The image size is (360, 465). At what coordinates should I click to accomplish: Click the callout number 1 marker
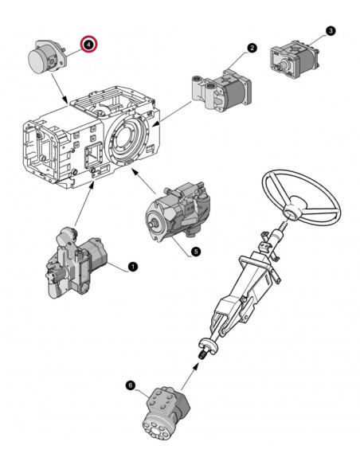pyautogui.click(x=133, y=267)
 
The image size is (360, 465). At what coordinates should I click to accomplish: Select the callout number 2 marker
pyautogui.click(x=252, y=48)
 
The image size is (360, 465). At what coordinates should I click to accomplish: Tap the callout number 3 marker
pyautogui.click(x=331, y=30)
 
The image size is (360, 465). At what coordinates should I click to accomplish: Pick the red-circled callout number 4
pyautogui.click(x=89, y=44)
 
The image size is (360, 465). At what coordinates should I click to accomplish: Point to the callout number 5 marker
pyautogui.click(x=195, y=252)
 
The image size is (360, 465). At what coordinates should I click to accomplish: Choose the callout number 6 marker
pyautogui.click(x=130, y=385)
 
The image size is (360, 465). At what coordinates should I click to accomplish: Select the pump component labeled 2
pyautogui.click(x=221, y=89)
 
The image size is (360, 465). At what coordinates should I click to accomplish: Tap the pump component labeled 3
pyautogui.click(x=294, y=59)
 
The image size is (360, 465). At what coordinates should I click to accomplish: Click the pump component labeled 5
pyautogui.click(x=178, y=212)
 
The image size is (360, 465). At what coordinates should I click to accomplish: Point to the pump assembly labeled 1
pyautogui.click(x=76, y=263)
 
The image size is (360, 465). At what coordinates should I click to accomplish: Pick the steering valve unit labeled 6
pyautogui.click(x=166, y=412)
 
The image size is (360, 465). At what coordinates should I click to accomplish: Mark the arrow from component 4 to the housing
pyautogui.click(x=59, y=88)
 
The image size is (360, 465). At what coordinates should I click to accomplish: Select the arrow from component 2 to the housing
pyautogui.click(x=171, y=114)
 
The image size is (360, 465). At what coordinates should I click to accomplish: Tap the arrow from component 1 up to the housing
pyautogui.click(x=84, y=204)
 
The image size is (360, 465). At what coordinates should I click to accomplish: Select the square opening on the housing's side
pyautogui.click(x=94, y=154)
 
